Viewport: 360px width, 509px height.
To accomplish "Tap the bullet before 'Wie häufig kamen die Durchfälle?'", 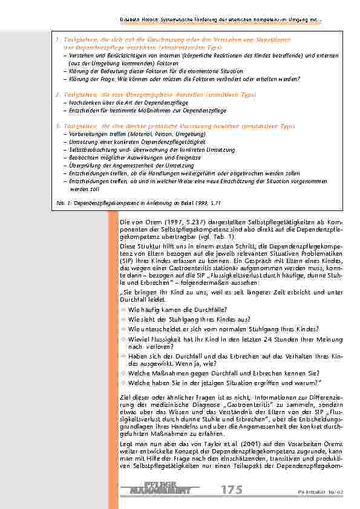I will tap(124, 310).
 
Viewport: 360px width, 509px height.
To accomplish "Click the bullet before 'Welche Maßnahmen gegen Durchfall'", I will tap(124, 374).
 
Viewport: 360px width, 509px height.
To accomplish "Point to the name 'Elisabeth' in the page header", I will tap(131, 19).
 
